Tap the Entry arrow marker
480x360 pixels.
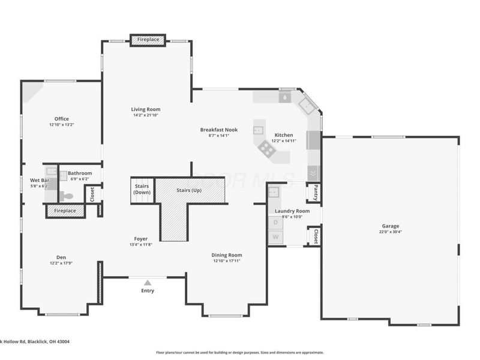pyautogui.click(x=148, y=281)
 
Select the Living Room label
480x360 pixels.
pyautogui.click(x=146, y=109)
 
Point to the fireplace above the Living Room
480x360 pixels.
pyautogui.click(x=148, y=40)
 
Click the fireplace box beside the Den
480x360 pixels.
pyautogui.click(x=65, y=211)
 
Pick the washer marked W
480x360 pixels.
pyautogui.click(x=275, y=237)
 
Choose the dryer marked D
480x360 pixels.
pyautogui.click(x=275, y=222)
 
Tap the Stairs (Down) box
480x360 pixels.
pyautogui.click(x=142, y=189)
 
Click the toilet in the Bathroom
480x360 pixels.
pyautogui.click(x=66, y=196)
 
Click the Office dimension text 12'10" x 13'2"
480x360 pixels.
pyautogui.click(x=61, y=125)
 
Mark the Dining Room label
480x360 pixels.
pyautogui.click(x=227, y=255)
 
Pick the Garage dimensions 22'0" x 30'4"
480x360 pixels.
pyautogui.click(x=390, y=232)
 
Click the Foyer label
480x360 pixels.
pyautogui.click(x=141, y=238)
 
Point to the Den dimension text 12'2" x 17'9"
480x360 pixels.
pyautogui.click(x=61, y=263)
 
